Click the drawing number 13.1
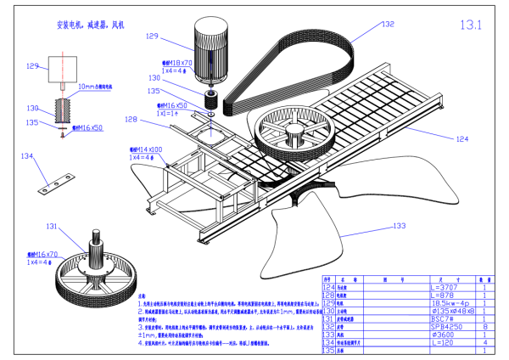coord(470,25)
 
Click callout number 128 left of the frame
coord(131,120)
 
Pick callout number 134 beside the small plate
coord(28,156)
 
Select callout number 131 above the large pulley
coord(52,227)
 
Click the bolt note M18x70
coord(178,62)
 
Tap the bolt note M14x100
coord(145,149)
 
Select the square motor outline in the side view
coord(63,70)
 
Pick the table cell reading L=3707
coord(446,289)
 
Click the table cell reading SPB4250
coord(446,325)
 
